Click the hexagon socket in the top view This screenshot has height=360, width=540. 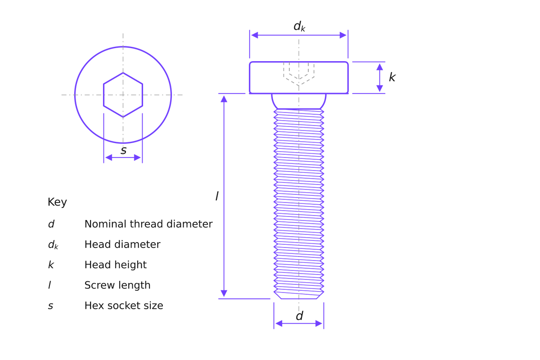tap(103, 95)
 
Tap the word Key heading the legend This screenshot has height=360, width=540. tap(57, 202)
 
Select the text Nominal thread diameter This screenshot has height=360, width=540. tap(148, 224)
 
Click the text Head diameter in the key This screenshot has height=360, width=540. tap(122, 244)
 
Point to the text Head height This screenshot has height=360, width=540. tap(116, 265)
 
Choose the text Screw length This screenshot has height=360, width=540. tap(117, 285)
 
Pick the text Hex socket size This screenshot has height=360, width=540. tap(124, 306)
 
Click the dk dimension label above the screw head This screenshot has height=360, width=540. tap(299, 26)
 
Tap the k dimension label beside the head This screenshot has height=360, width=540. tap(392, 77)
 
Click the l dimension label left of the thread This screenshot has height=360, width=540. tap(217, 196)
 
